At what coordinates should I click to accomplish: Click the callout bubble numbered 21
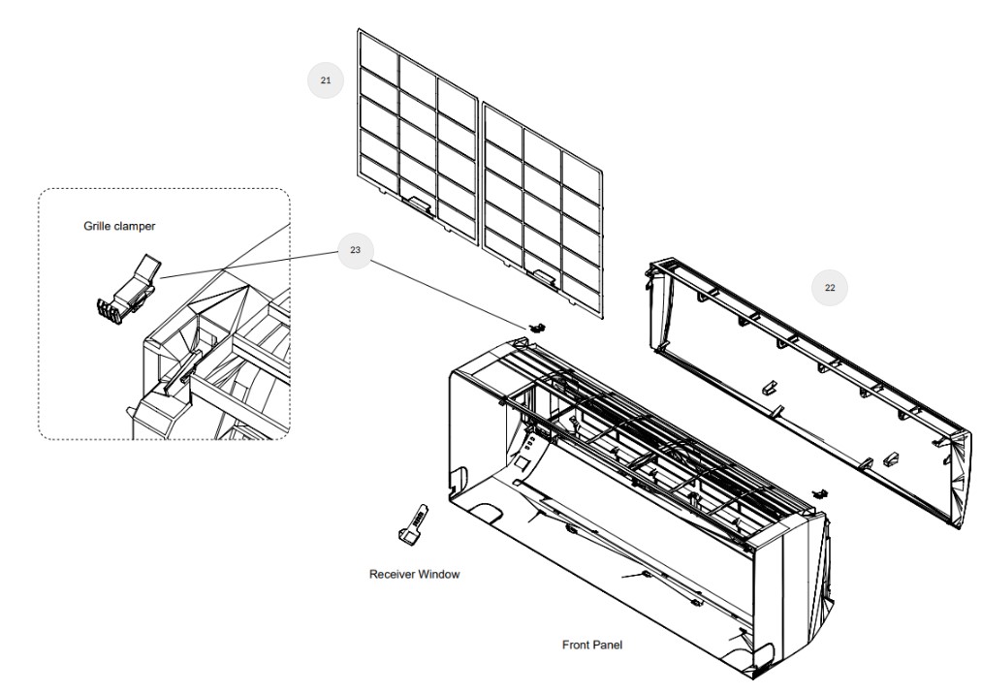(325, 80)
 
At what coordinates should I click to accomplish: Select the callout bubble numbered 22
(829, 287)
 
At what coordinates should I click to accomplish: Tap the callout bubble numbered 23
(355, 250)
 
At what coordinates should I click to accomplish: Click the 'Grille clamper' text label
(119, 226)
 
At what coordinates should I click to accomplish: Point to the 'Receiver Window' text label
(414, 574)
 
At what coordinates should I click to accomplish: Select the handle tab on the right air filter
(543, 280)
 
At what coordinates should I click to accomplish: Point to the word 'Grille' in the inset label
(98, 226)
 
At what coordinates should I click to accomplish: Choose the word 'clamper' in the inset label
(135, 226)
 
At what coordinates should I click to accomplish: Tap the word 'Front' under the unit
(578, 644)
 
